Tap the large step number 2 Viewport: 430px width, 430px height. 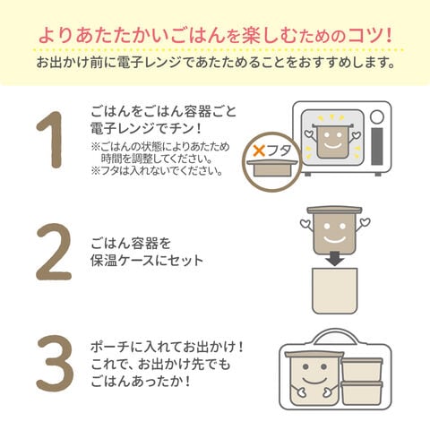point(54,252)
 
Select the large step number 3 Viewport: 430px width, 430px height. point(55,363)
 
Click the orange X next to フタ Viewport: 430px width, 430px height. point(259,150)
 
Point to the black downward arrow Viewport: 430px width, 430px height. point(334,259)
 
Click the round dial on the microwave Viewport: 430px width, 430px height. point(377,116)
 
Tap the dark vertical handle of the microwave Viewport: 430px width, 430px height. point(377,146)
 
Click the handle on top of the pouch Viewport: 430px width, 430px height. point(335,338)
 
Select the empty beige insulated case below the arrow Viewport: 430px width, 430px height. point(334,291)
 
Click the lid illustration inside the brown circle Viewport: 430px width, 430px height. point(271,168)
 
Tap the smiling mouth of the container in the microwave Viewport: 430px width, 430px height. point(333,145)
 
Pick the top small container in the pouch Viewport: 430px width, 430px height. point(362,369)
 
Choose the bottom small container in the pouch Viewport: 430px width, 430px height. point(362,393)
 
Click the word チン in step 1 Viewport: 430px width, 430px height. point(182,129)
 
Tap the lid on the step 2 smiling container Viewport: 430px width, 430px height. point(334,211)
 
